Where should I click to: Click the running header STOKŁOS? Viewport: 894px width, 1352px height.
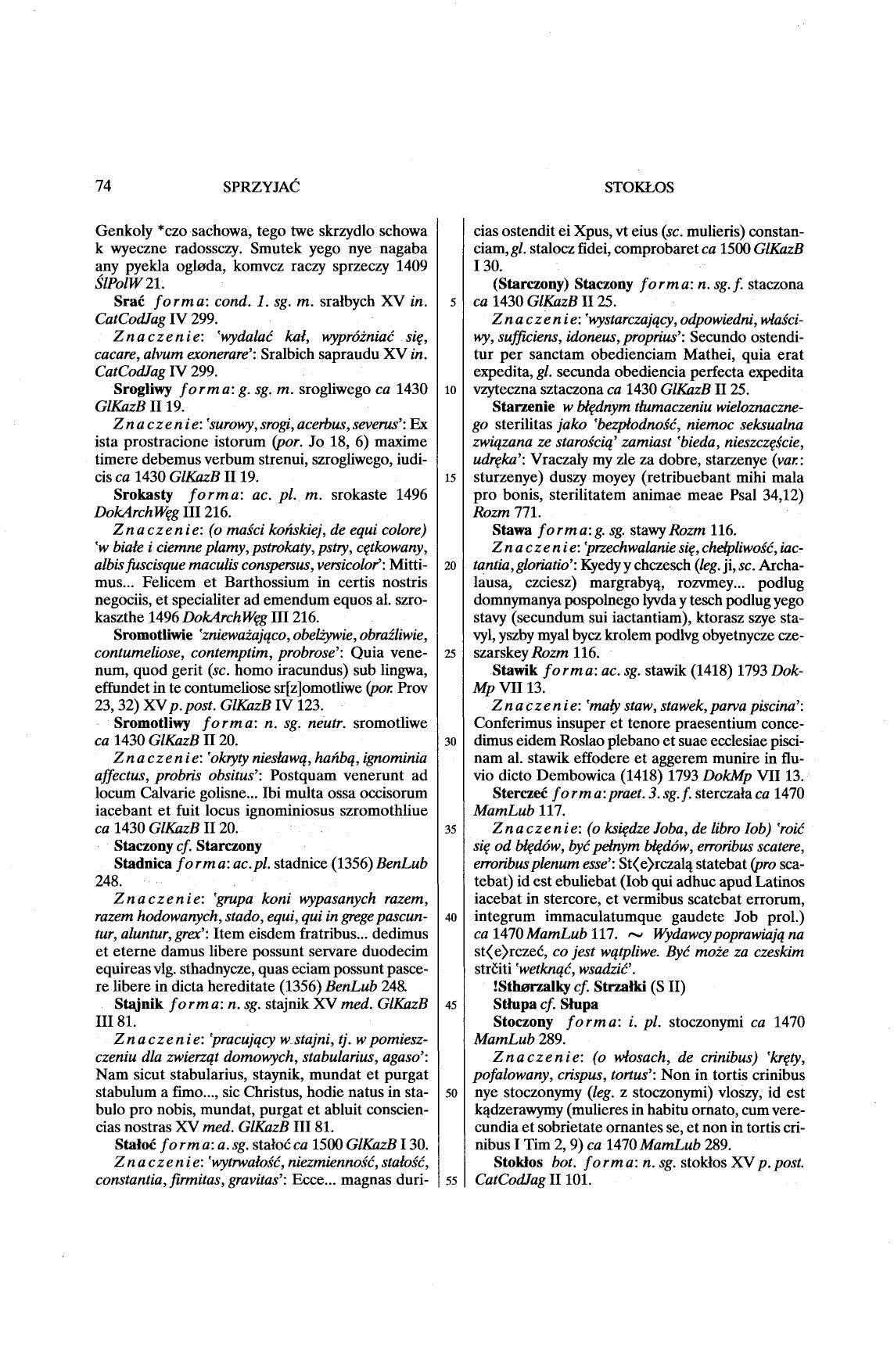click(x=639, y=188)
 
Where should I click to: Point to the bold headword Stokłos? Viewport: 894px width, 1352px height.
click(x=519, y=1162)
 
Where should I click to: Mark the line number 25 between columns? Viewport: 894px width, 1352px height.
click(x=450, y=654)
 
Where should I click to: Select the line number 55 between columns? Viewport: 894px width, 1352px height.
click(x=450, y=1181)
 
